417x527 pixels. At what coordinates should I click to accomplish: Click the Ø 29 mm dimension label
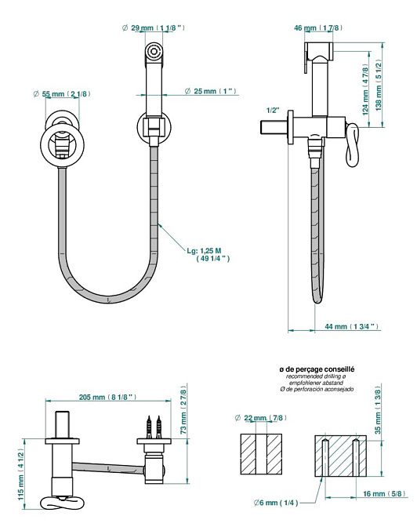[154, 28]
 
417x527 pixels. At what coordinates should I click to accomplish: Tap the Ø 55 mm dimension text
[62, 94]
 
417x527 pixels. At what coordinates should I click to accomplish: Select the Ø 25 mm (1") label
[211, 91]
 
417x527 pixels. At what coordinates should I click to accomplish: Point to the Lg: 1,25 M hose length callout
[208, 255]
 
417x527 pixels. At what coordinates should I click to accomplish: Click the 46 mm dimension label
[318, 28]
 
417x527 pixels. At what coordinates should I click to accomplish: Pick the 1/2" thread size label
[273, 111]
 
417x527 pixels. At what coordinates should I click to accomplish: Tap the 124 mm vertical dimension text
[365, 89]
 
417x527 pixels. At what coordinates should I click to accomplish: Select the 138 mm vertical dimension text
[379, 85]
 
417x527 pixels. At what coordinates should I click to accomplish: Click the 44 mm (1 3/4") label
[351, 326]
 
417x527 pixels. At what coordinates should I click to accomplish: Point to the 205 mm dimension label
[108, 397]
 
